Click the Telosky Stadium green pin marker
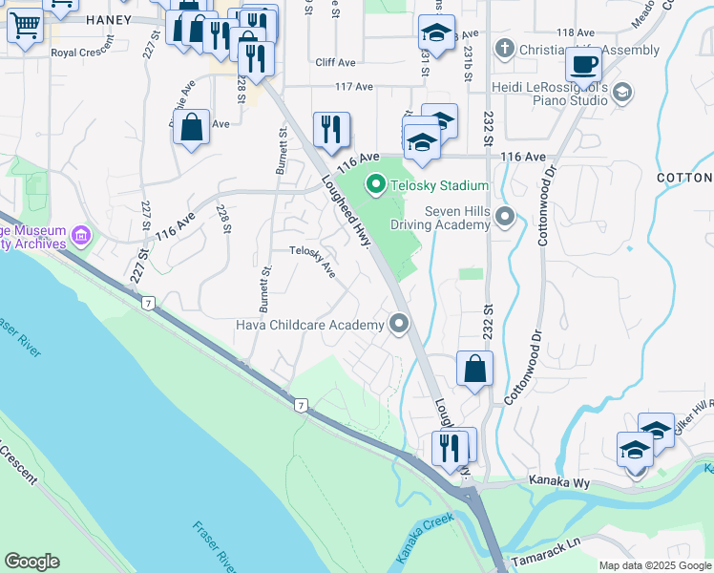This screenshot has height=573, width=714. click(376, 185)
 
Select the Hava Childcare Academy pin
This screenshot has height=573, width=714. click(399, 325)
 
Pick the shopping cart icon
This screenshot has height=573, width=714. click(24, 27)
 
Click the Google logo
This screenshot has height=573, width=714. click(31, 562)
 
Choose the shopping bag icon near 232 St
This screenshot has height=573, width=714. click(474, 368)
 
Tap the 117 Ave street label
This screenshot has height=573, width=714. click(354, 87)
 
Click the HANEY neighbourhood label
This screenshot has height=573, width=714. click(107, 19)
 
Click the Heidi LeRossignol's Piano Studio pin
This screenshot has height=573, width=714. click(622, 92)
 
